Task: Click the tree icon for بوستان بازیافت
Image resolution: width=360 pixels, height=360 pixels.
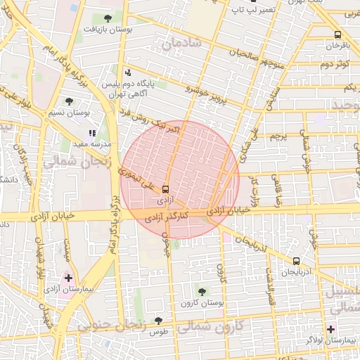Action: [108, 18]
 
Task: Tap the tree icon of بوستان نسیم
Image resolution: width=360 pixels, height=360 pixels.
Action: [70, 101]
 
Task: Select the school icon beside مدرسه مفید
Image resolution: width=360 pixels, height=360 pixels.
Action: [92, 132]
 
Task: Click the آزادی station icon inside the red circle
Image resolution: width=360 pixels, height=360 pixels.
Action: [165, 189]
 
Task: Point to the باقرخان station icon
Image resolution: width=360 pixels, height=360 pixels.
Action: [338, 34]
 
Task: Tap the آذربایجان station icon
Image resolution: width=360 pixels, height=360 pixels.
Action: [295, 260]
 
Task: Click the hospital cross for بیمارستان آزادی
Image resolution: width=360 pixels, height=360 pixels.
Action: [68, 278]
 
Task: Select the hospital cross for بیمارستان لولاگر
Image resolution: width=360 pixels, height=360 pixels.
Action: [331, 329]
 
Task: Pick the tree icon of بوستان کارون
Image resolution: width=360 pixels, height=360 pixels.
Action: [202, 291]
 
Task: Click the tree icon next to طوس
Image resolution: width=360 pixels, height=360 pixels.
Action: [158, 321]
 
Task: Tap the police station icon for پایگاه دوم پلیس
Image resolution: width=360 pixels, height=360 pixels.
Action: [127, 72]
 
